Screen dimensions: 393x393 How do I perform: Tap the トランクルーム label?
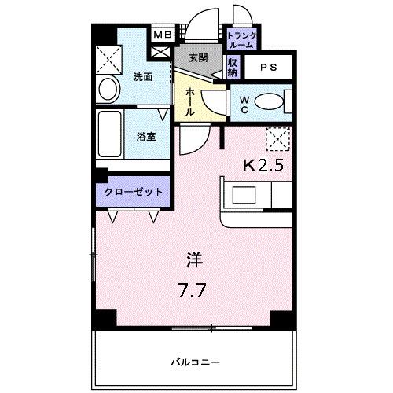pyautogui.click(x=240, y=40)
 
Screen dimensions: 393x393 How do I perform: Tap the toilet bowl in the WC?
pyautogui.click(x=267, y=102)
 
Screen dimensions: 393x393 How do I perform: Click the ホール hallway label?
pyautogui.click(x=190, y=102)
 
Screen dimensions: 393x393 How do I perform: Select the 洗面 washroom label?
pyautogui.click(x=142, y=77)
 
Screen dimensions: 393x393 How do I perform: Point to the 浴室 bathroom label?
pyautogui.click(x=145, y=135)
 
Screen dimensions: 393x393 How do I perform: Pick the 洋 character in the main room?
pyautogui.click(x=193, y=256)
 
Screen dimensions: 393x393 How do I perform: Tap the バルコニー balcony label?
pyautogui.click(x=193, y=362)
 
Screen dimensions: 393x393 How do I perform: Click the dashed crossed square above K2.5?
pyautogui.click(x=277, y=140)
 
